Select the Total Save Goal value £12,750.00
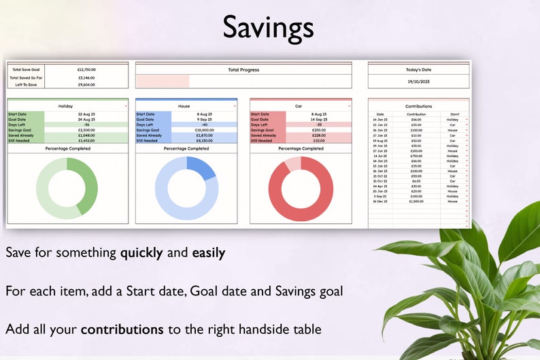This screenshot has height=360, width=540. point(86,69)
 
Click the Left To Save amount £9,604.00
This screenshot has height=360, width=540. point(86,85)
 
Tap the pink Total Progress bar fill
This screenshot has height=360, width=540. point(163,81)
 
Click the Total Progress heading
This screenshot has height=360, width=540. point(243,69)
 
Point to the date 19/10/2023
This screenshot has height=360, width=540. point(418,81)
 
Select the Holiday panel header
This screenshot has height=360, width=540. point(66,106)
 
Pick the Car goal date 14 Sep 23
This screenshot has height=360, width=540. point(318,119)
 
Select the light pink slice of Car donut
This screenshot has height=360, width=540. point(292,163)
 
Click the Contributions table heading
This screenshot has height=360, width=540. point(418,106)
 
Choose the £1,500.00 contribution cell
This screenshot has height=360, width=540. point(416,201)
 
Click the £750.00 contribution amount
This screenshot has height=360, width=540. point(416,156)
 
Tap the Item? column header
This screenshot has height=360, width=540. point(453,114)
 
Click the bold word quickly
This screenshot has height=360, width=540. point(141,253)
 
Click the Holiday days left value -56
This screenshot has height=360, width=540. point(86,125)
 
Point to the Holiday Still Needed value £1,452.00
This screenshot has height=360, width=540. point(86,141)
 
